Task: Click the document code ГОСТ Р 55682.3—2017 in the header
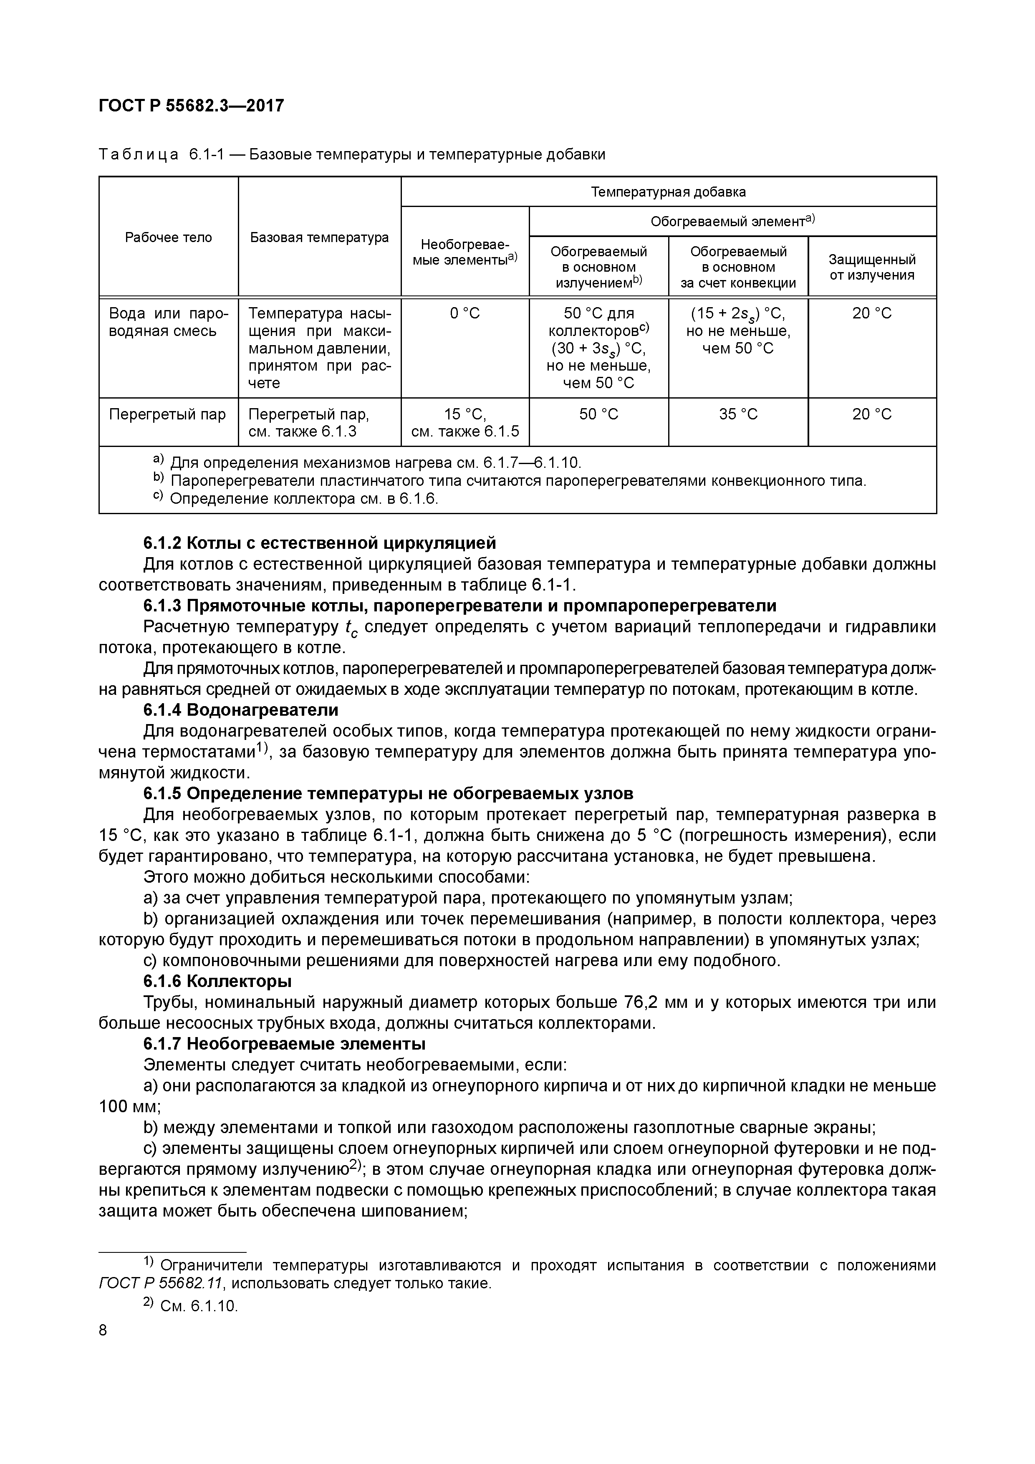coord(191,105)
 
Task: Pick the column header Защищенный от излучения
coord(872,267)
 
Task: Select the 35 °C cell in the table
coord(738,414)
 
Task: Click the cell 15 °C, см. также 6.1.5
coord(465,423)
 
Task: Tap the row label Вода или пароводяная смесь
coord(168,322)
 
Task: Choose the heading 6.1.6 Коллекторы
coord(217,981)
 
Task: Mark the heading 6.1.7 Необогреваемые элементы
coord(284,1044)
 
